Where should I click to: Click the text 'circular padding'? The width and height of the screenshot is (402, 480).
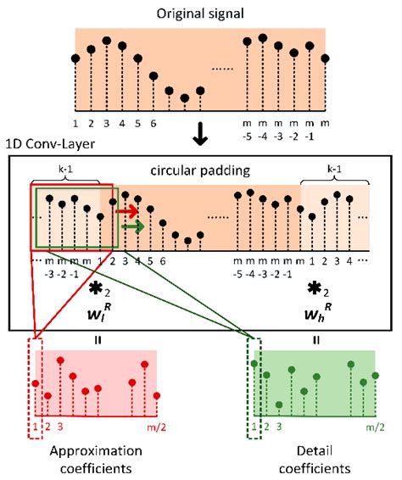click(200, 170)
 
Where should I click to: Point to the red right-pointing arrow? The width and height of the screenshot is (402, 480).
click(127, 211)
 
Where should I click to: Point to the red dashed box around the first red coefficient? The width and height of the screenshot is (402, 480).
click(35, 389)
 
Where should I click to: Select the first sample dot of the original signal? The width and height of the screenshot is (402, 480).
click(75, 59)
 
